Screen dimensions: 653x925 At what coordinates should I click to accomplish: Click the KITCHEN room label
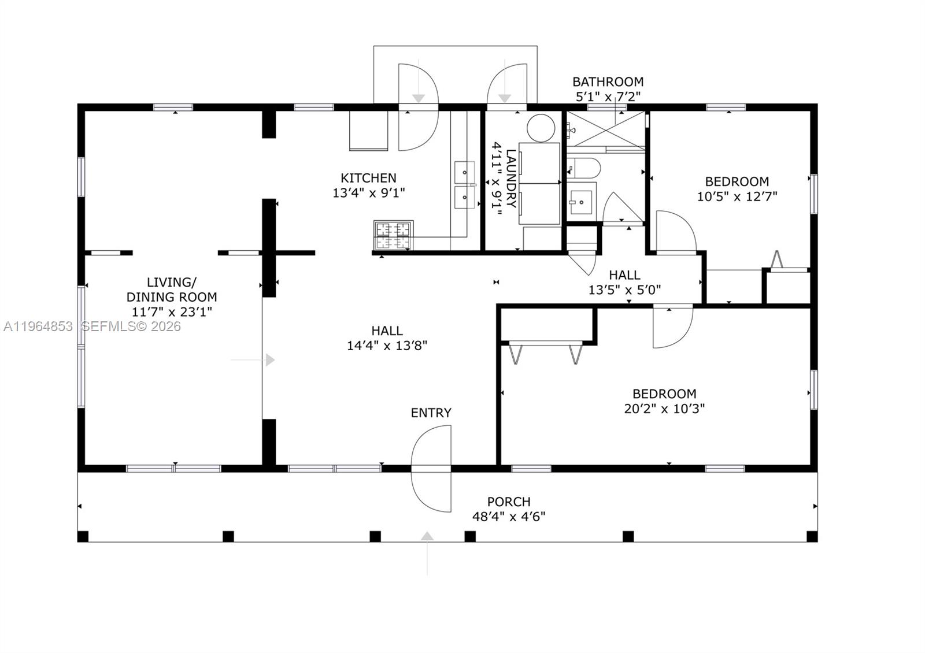pyautogui.click(x=368, y=178)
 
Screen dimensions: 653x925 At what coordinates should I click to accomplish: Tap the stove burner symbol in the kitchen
pyautogui.click(x=393, y=236)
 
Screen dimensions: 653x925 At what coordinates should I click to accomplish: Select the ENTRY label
pyautogui.click(x=431, y=413)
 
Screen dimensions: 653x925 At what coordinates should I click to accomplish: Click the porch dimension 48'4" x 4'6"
pyautogui.click(x=509, y=517)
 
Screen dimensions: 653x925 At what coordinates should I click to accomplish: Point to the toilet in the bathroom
pyautogui.click(x=584, y=168)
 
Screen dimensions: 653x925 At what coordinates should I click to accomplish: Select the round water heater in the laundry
pyautogui.click(x=541, y=128)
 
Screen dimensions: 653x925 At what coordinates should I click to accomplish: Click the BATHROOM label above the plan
pyautogui.click(x=608, y=81)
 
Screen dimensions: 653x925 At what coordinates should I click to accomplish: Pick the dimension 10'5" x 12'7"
pyautogui.click(x=737, y=196)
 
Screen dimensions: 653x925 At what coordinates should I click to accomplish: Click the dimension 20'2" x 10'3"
pyautogui.click(x=664, y=409)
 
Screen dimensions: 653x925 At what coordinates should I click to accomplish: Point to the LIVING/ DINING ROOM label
pyautogui.click(x=172, y=290)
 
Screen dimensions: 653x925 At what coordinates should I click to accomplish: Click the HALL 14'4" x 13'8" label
pyautogui.click(x=387, y=338)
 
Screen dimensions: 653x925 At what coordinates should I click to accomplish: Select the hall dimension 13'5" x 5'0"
pyautogui.click(x=624, y=290)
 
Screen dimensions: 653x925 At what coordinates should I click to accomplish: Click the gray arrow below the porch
pyautogui.click(x=427, y=537)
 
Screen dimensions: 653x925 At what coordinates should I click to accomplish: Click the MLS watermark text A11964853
pyautogui.click(x=38, y=327)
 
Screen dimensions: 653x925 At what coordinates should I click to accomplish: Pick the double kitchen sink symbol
pyautogui.click(x=464, y=185)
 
